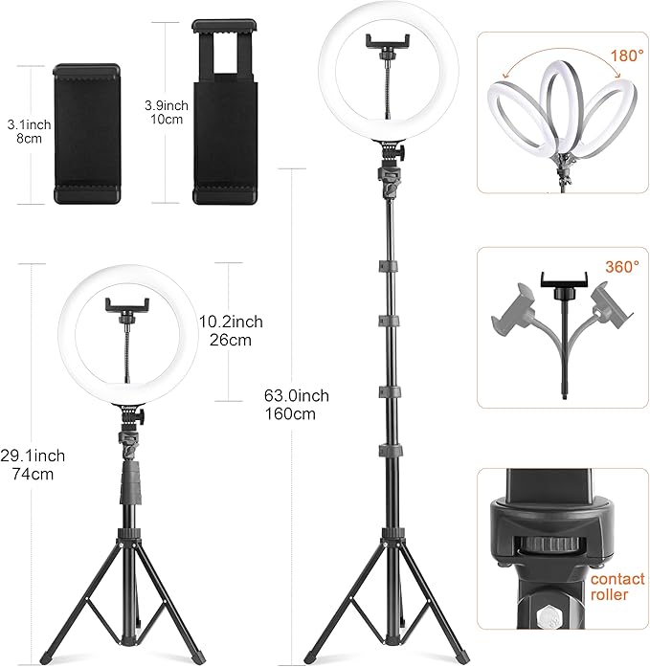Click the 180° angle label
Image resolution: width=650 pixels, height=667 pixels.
tap(626, 56)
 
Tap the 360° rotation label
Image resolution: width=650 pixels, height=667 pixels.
tap(622, 267)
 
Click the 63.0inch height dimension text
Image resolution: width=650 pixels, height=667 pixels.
tap(297, 395)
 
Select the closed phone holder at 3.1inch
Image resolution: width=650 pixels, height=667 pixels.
tap(86, 134)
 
